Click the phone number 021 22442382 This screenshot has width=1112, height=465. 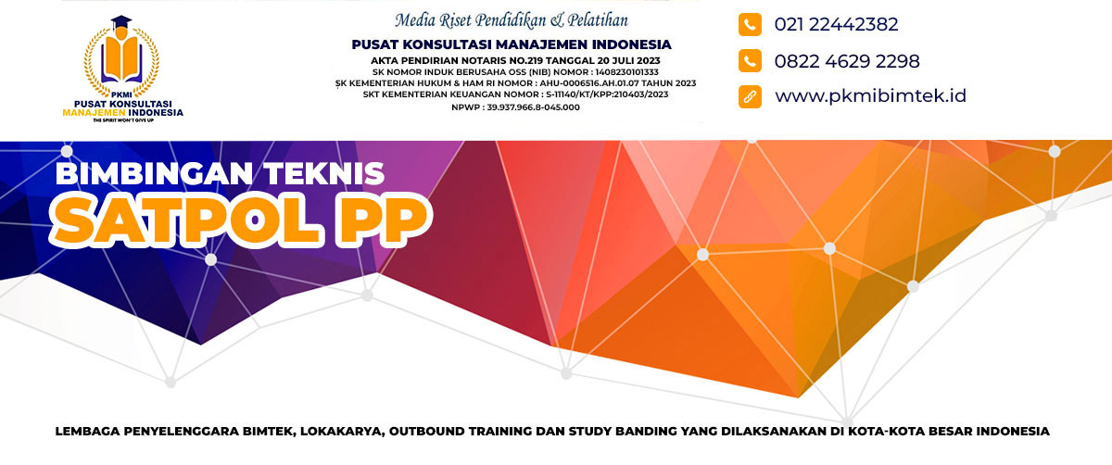[836, 24]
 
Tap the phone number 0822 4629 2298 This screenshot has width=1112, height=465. [847, 61]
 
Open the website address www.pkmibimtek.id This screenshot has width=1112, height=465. [871, 95]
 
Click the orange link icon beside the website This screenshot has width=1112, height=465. [750, 96]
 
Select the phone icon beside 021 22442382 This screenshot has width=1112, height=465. [750, 24]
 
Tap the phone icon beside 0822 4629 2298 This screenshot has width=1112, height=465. [750, 60]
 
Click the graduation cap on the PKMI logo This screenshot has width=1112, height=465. [121, 22]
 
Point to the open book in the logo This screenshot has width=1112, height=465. [121, 59]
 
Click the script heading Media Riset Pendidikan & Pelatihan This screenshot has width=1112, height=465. [512, 20]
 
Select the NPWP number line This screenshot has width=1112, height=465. [515, 107]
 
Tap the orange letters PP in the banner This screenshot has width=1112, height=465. [382, 220]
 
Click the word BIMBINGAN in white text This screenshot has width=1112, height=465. [155, 174]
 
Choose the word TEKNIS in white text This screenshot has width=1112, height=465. [323, 174]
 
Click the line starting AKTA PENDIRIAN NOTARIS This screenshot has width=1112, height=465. [515, 60]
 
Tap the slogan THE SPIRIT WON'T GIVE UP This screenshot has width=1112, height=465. [123, 120]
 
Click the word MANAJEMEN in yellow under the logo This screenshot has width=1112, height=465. [94, 113]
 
